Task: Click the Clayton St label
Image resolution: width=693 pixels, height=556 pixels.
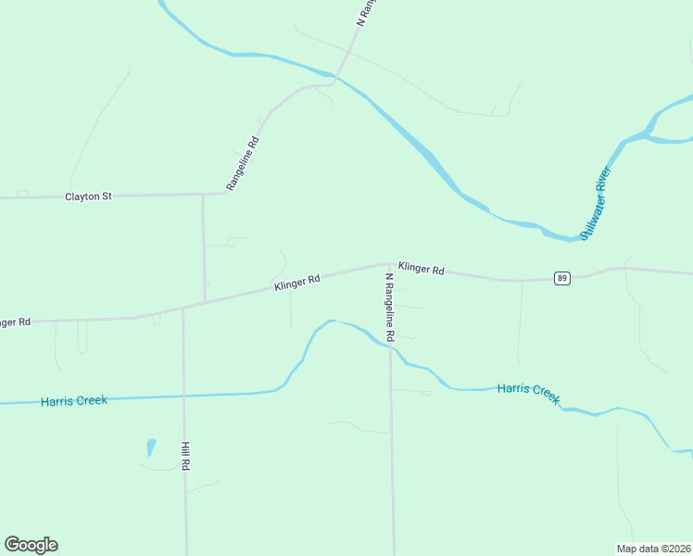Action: pos(88,196)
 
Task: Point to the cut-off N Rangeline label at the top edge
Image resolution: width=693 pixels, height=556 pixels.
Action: pos(367,11)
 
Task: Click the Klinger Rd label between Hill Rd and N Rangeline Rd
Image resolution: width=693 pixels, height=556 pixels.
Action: pos(296,283)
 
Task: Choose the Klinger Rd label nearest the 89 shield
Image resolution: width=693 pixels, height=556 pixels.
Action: pos(422,269)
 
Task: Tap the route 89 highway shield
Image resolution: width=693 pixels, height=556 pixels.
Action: pos(561,278)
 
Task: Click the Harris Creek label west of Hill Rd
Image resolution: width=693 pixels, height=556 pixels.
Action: pos(74,401)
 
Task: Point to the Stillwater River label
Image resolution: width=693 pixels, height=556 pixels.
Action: pos(596,203)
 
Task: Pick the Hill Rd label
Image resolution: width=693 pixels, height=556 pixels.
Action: pos(186,456)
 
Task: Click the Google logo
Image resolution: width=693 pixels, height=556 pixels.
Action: pos(31,545)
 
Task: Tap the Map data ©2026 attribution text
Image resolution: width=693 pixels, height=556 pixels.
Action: pos(653,549)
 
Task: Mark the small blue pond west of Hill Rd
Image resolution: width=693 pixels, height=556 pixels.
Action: pos(151,448)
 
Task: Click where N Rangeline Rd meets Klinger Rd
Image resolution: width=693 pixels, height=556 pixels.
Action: pos(389,263)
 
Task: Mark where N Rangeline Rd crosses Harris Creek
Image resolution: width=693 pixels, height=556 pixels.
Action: pos(391,347)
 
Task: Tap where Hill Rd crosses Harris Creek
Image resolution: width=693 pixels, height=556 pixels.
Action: pos(184,396)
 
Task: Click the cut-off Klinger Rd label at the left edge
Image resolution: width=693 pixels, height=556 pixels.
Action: pos(15,322)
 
